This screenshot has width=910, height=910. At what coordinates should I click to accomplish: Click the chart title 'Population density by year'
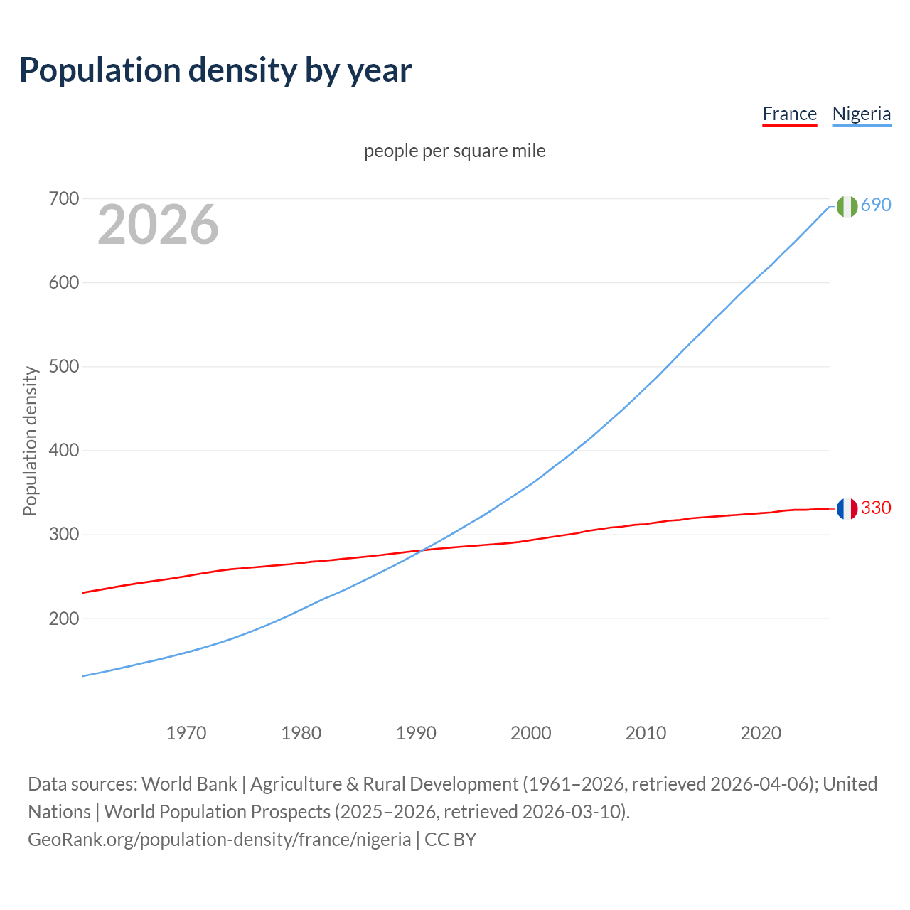(215, 70)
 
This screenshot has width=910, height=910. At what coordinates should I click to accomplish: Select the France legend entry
(789, 114)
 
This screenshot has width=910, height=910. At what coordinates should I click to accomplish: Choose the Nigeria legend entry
(861, 114)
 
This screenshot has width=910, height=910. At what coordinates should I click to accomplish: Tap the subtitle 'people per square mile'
(454, 151)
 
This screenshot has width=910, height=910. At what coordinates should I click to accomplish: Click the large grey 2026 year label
(158, 225)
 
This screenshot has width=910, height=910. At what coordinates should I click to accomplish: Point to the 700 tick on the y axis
(63, 199)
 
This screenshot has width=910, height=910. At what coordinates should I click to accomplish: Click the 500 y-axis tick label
(63, 367)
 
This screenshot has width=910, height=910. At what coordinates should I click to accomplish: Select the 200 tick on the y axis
(63, 619)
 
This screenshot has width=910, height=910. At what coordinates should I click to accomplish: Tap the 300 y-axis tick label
(63, 535)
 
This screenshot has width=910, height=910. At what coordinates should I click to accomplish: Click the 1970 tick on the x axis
(186, 733)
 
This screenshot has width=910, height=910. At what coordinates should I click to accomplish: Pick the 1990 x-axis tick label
(416, 733)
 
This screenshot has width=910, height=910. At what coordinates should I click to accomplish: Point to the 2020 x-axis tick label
(761, 733)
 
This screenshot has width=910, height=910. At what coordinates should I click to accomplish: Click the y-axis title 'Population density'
(30, 441)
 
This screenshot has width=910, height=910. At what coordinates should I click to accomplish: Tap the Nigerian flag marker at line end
(846, 206)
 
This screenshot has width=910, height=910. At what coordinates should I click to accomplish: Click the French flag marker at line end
(846, 509)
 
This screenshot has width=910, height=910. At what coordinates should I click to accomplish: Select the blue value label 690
(876, 205)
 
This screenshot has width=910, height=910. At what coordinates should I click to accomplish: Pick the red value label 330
(876, 508)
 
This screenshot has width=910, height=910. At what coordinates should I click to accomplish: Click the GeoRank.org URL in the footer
(219, 840)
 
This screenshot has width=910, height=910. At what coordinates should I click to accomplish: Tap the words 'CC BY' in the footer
(451, 840)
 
